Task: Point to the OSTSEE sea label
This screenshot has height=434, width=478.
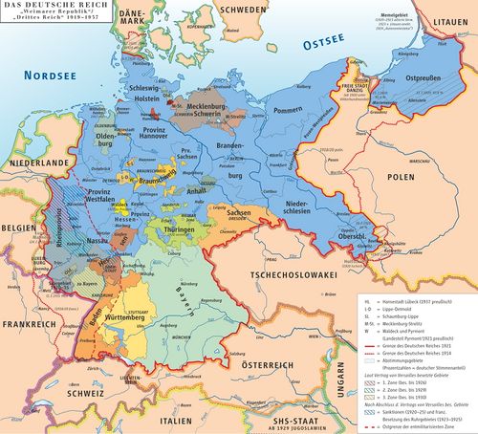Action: (290, 44)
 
